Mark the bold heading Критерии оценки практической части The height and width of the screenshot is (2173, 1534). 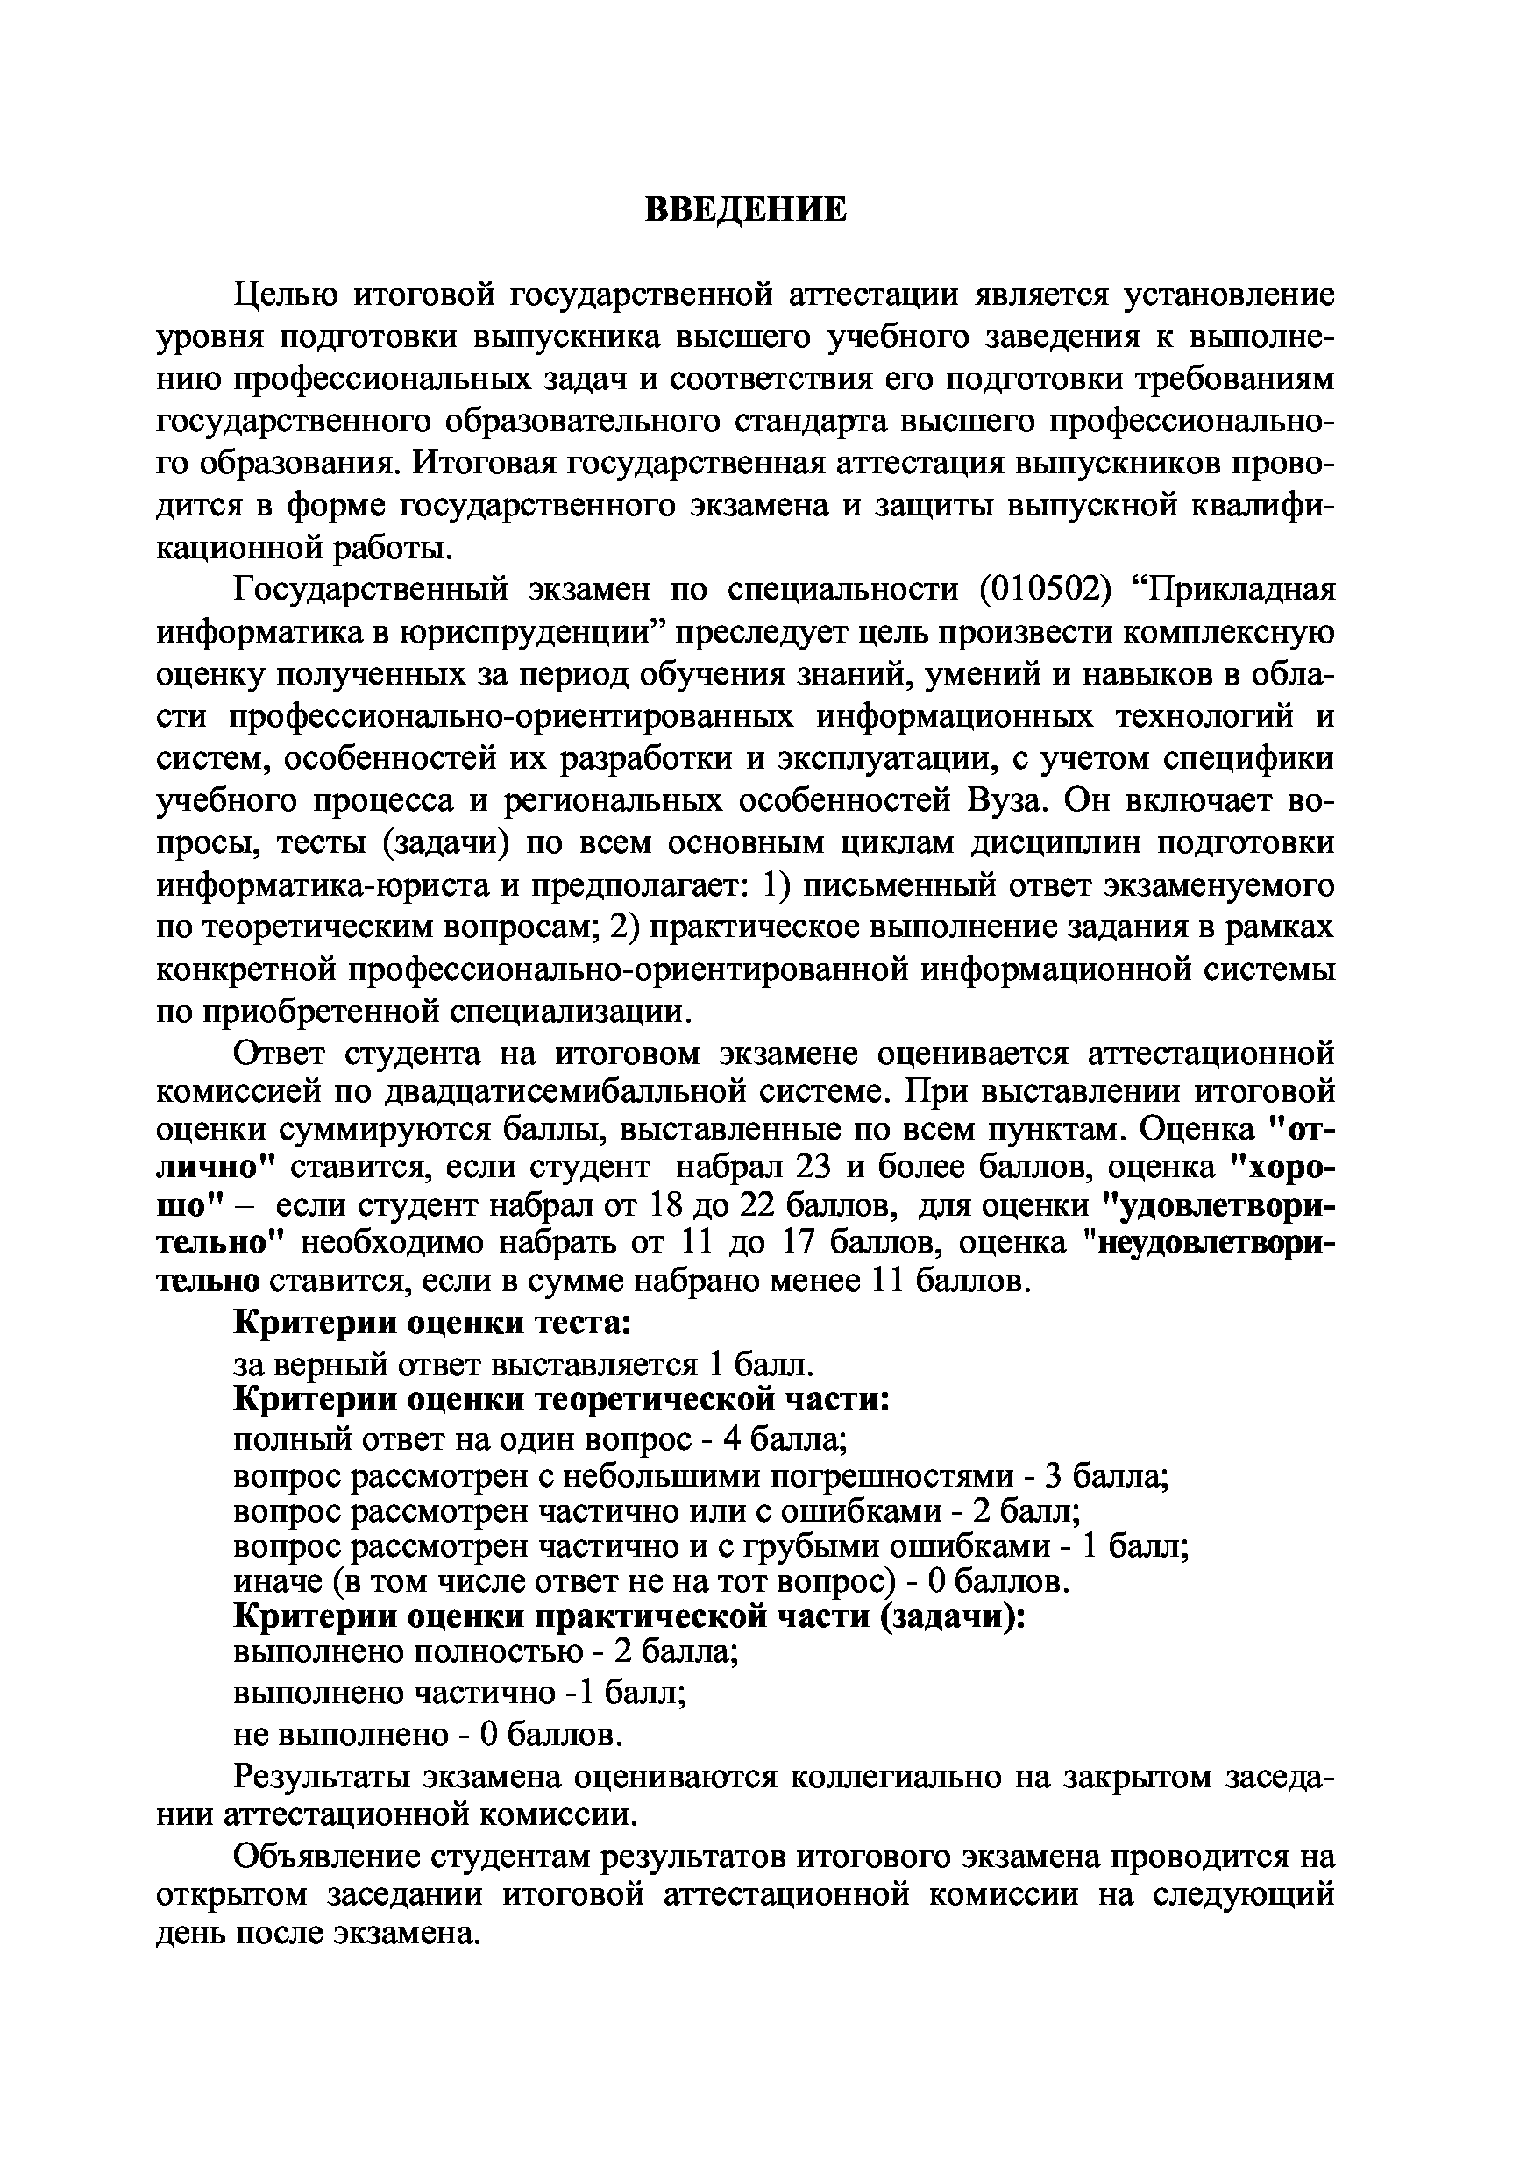tap(630, 1616)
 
